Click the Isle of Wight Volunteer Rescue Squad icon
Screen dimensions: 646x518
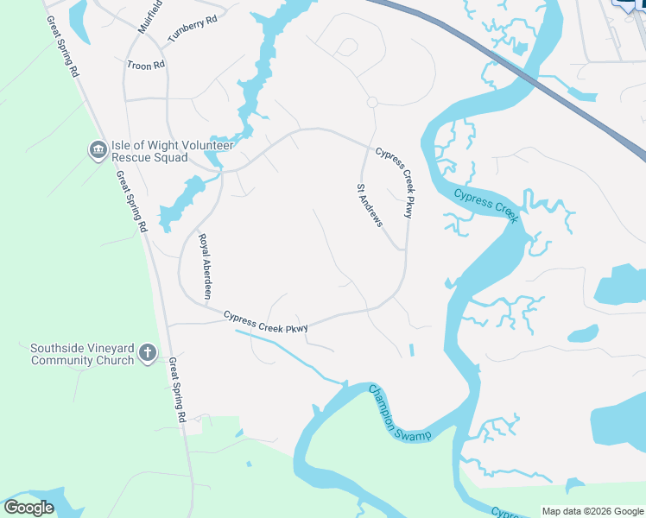(x=98, y=151)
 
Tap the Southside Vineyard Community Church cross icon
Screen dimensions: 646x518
(x=148, y=352)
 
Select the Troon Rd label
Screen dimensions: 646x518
(x=145, y=66)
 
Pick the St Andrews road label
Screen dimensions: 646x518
(x=370, y=205)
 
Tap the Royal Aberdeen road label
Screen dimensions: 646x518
(x=205, y=267)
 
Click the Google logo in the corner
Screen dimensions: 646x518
(x=28, y=508)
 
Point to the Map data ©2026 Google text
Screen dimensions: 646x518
(x=592, y=511)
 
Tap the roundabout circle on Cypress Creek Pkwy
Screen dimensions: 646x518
(x=372, y=102)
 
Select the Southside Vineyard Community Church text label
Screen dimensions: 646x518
(x=82, y=354)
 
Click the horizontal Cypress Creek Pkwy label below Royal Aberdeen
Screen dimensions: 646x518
(x=266, y=321)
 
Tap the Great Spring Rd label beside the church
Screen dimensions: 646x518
(x=177, y=389)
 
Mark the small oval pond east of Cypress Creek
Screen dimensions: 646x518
(x=583, y=333)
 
